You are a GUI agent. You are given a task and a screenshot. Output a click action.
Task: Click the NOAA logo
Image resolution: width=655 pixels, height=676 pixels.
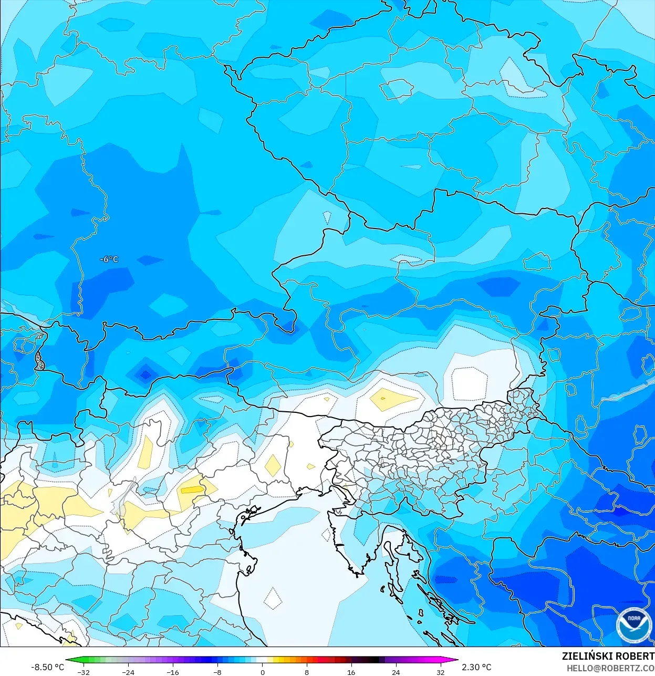[633, 625]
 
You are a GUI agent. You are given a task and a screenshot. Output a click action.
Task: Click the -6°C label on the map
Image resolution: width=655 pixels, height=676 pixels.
[109, 259]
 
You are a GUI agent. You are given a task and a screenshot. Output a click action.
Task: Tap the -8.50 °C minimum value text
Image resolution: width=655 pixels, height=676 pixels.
[47, 667]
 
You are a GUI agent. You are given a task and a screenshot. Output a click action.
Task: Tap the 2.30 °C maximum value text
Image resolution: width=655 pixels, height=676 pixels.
[476, 667]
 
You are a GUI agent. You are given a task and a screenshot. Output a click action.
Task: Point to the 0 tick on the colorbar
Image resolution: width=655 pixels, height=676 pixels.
[262, 672]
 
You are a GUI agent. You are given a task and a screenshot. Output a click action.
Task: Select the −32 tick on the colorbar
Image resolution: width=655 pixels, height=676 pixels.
[83, 672]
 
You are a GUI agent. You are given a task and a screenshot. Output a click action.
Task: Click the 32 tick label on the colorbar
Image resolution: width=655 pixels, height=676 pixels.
[440, 672]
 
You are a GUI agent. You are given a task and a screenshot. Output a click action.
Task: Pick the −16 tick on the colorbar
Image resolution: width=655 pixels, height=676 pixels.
[173, 672]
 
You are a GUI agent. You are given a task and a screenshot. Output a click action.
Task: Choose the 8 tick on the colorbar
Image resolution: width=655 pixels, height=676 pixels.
[307, 672]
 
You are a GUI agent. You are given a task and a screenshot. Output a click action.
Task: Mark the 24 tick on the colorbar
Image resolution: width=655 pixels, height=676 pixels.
[396, 672]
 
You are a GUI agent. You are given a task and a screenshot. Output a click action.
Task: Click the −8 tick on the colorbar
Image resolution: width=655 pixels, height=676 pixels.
[217, 672]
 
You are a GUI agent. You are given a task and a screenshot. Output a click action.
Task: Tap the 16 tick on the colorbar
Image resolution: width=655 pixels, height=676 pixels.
[351, 672]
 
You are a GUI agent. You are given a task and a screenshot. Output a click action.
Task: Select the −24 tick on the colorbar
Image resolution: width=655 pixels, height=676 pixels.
[128, 672]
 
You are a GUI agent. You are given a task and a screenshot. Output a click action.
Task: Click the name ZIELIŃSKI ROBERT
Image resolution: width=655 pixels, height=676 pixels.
[608, 656]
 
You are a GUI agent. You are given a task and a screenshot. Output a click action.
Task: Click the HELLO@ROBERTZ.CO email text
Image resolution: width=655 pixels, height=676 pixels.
[610, 668]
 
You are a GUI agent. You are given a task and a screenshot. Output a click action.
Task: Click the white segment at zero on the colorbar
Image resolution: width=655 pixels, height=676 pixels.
[262, 660]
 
